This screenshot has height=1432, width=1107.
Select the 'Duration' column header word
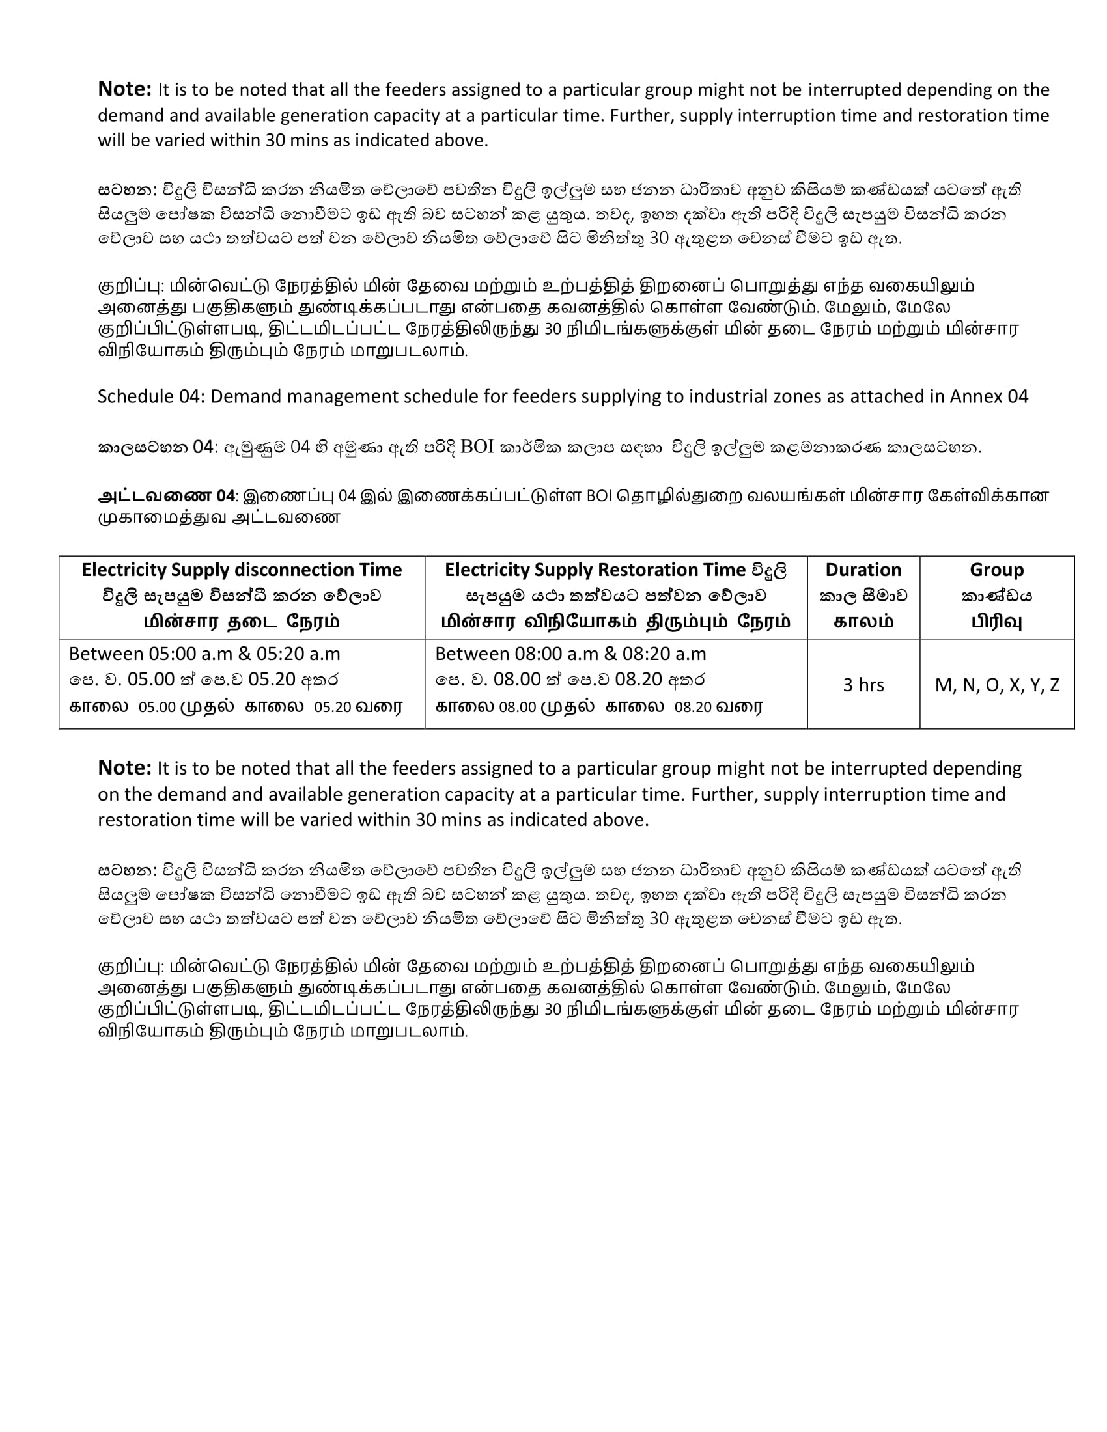coord(863,570)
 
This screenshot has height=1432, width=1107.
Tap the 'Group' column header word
coord(996,570)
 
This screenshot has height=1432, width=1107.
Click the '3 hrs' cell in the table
coord(863,685)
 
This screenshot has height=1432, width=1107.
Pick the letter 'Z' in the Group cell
coord(1054,685)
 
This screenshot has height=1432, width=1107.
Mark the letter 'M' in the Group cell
coord(943,685)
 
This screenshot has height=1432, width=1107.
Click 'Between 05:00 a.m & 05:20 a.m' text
coord(204,654)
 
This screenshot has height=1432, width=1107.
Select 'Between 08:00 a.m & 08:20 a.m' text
coord(570,654)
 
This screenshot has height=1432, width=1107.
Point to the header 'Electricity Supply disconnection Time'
coord(242,570)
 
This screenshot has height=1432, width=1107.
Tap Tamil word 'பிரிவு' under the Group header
coord(996,621)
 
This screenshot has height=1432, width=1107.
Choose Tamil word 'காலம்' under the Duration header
coord(863,621)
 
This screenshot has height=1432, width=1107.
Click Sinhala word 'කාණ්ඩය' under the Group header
coord(996,596)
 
